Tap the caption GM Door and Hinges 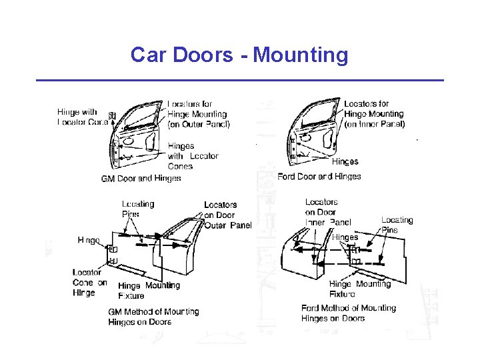tap(141, 179)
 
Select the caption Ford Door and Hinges tap(319, 177)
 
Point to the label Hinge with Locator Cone tap(82, 117)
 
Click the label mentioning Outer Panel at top tap(198, 114)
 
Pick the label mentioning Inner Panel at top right tap(374, 114)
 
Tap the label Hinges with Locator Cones tap(193, 156)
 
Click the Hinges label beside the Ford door tap(345, 161)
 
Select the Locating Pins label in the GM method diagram tap(137, 209)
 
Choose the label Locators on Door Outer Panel tap(227, 215)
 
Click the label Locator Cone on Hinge tap(89, 282)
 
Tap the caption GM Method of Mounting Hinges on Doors tap(153, 317)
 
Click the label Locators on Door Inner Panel tap(327, 212)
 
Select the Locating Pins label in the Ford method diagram tap(397, 225)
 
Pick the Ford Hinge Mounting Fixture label tap(359, 289)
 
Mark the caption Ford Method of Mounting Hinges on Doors tap(348, 313)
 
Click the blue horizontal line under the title tap(239, 81)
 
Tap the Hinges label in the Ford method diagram tap(345, 237)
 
